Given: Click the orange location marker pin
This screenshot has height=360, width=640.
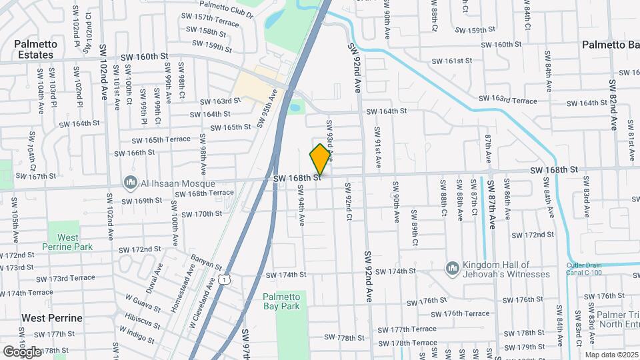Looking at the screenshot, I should (x=321, y=159).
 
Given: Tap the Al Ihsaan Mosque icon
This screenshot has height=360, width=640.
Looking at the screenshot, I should (x=129, y=183).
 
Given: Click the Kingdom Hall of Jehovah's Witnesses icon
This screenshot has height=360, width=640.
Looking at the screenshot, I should (x=453, y=267).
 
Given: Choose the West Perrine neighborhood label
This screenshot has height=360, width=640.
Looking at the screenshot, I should (x=51, y=318).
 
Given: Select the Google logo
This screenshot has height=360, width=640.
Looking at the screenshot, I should (x=22, y=351).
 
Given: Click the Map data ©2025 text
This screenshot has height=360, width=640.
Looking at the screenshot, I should (x=611, y=355).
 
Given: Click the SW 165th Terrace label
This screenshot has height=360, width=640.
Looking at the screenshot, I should (x=161, y=139).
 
